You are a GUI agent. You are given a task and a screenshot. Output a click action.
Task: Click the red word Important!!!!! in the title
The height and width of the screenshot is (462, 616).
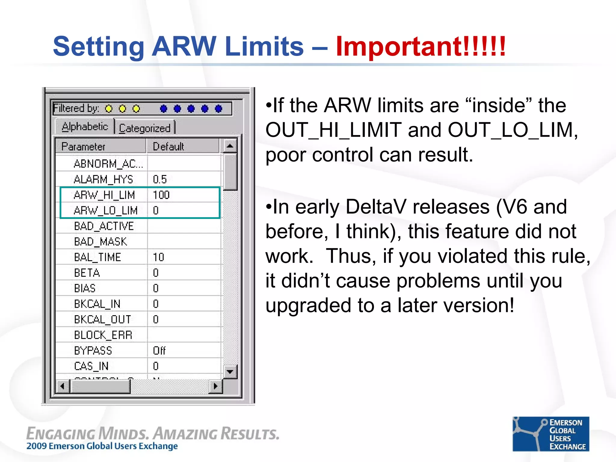(x=421, y=47)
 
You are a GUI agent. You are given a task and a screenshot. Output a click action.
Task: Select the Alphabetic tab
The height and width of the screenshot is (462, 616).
(x=85, y=127)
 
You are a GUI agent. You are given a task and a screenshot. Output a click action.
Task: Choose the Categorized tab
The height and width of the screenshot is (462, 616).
(x=145, y=128)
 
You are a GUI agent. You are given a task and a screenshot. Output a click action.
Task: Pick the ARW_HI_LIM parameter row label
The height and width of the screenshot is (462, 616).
(x=104, y=195)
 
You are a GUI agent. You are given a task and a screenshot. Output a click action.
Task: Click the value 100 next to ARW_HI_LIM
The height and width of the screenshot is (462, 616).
(x=161, y=195)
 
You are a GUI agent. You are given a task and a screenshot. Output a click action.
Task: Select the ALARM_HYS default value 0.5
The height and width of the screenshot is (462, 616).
(x=160, y=180)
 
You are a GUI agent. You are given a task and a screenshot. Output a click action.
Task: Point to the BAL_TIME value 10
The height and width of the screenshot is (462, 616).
(x=159, y=257)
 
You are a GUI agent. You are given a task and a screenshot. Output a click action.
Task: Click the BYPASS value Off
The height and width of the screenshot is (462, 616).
(x=159, y=351)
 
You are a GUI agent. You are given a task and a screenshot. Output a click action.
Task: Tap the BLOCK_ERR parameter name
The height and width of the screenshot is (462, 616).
(x=103, y=335)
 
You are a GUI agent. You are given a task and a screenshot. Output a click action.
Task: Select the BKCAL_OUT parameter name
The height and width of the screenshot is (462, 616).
(x=103, y=319)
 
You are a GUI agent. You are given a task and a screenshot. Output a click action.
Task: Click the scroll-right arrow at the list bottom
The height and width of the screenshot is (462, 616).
(x=215, y=386)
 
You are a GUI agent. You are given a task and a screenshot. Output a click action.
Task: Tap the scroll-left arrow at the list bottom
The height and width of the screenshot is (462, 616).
(x=63, y=386)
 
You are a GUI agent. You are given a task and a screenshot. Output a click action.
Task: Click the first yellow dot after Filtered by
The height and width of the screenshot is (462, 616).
(x=109, y=109)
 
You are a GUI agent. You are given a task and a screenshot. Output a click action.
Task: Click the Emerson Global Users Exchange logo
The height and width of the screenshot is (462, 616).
(x=551, y=434)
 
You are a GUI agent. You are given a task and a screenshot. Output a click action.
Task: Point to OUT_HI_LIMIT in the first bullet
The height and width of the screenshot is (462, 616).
(x=334, y=130)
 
